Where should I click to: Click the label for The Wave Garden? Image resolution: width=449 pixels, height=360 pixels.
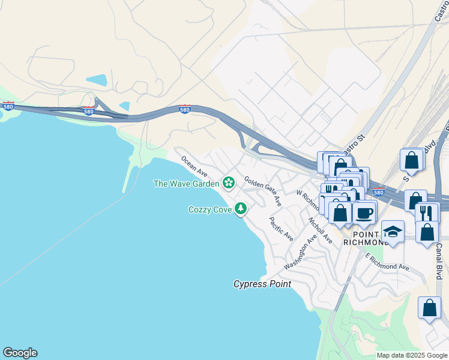pos(187,184)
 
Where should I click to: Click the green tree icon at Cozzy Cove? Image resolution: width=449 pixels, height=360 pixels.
pos(241,208)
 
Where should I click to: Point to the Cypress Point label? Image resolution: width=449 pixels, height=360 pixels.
pos(262,284)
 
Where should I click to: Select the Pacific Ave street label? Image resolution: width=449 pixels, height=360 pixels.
pos(281,229)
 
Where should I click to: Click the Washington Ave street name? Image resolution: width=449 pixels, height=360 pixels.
pos(300,253)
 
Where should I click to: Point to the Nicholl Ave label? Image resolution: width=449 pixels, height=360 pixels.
pos(320,230)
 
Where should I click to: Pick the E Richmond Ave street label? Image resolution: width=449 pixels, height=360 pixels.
pos(387,262)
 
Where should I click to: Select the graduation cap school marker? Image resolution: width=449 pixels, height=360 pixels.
pos(393,232)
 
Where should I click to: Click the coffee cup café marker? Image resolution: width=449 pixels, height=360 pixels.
pos(364,212)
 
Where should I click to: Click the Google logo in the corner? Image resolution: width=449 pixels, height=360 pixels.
pos(20,353)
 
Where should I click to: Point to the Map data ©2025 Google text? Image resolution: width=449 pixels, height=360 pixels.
pos(412,355)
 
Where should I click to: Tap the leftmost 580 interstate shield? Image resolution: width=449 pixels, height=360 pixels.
pos(8,106)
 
